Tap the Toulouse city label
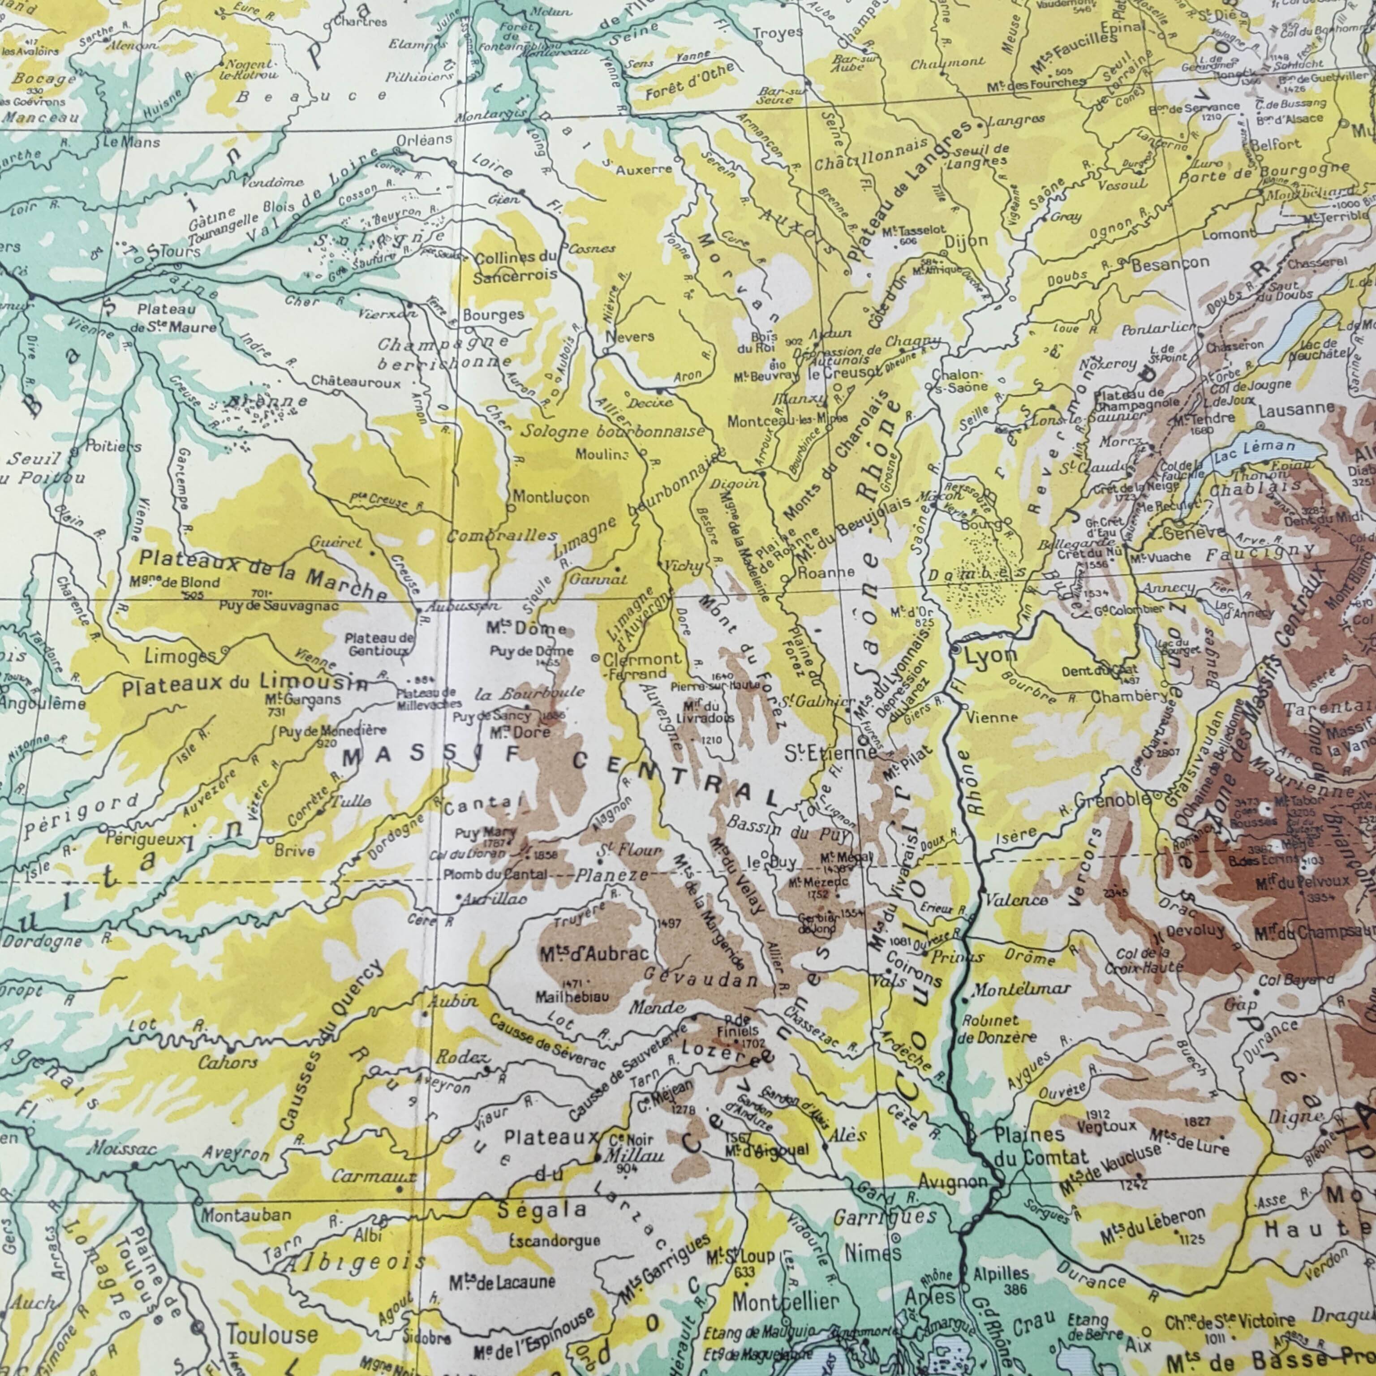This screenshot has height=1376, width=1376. [272, 1334]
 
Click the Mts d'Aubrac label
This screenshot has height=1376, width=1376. [594, 953]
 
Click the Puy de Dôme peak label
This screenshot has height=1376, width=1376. [531, 651]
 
